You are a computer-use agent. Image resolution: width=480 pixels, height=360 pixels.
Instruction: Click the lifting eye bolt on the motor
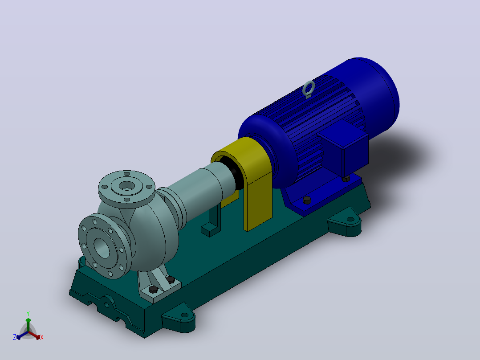click(308, 89)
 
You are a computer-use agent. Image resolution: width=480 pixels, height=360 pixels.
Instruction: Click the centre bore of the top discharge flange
click(127, 185)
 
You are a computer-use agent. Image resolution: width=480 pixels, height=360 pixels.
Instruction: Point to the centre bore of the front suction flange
click(102, 248)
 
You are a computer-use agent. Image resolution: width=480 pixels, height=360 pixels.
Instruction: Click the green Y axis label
click(28, 313)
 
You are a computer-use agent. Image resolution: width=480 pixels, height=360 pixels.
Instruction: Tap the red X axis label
click(42, 337)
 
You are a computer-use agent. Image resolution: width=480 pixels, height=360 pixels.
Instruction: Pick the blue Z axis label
click(15, 337)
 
